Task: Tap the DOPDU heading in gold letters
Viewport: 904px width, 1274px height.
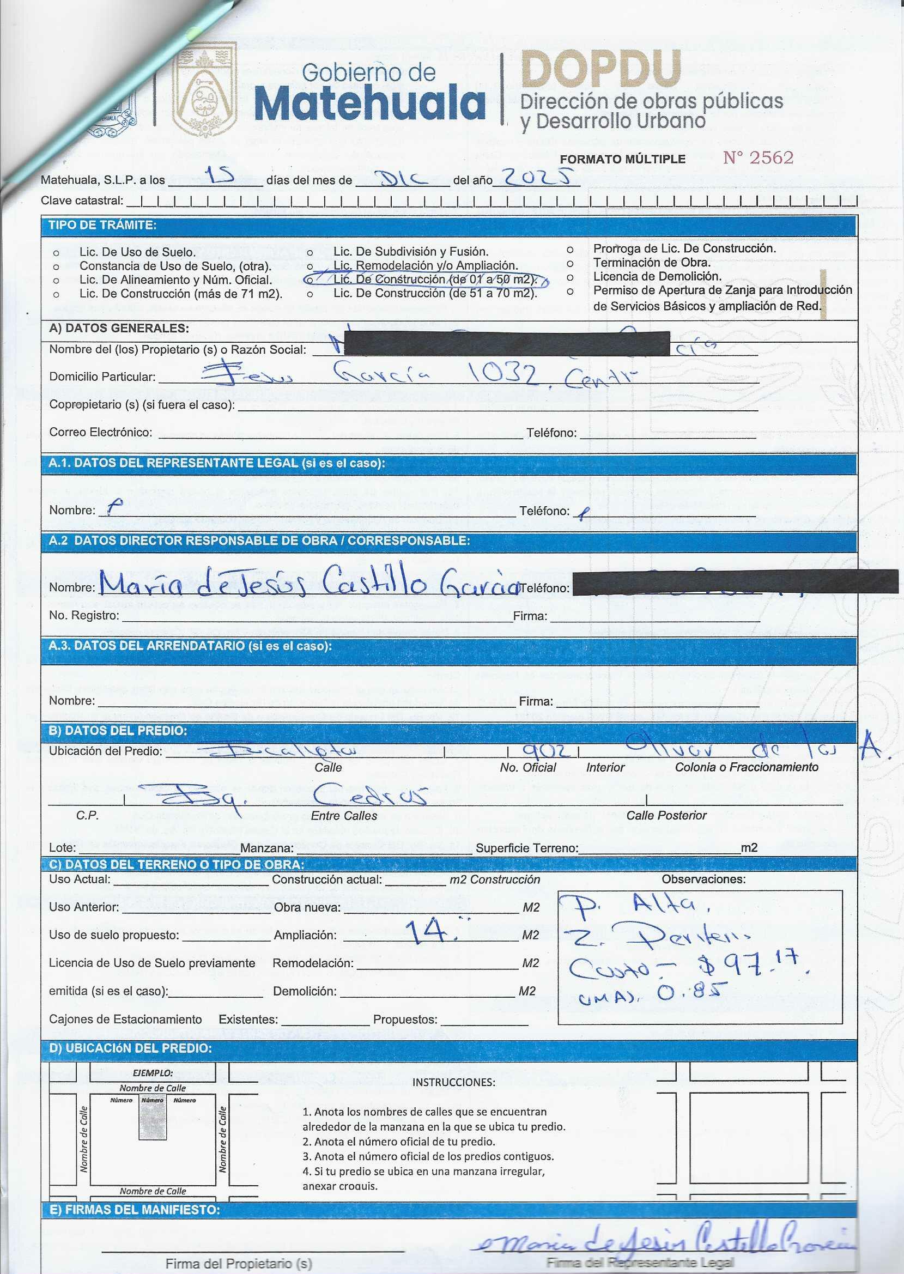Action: (x=601, y=69)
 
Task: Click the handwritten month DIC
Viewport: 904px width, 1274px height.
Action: (x=403, y=178)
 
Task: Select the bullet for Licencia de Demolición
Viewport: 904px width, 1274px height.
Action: (x=570, y=277)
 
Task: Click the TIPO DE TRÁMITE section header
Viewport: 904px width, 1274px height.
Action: (x=102, y=226)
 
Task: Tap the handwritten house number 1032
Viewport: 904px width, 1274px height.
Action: (x=505, y=374)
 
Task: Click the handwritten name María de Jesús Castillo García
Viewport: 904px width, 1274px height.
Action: (x=309, y=582)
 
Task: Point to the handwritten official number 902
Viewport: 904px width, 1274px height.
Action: (x=546, y=751)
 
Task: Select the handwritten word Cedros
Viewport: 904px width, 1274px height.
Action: (x=370, y=796)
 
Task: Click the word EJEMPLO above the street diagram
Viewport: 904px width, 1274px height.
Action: (x=153, y=1072)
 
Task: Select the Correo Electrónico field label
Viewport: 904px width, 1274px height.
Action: (x=100, y=433)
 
